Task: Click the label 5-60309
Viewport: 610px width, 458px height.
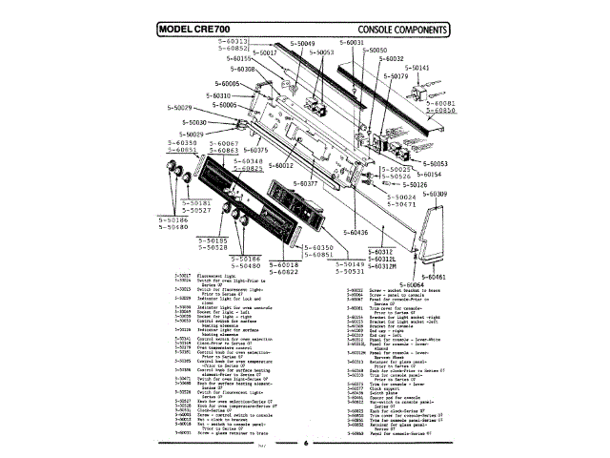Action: [x=432, y=194]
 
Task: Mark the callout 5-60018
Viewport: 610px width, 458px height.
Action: [x=284, y=264]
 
